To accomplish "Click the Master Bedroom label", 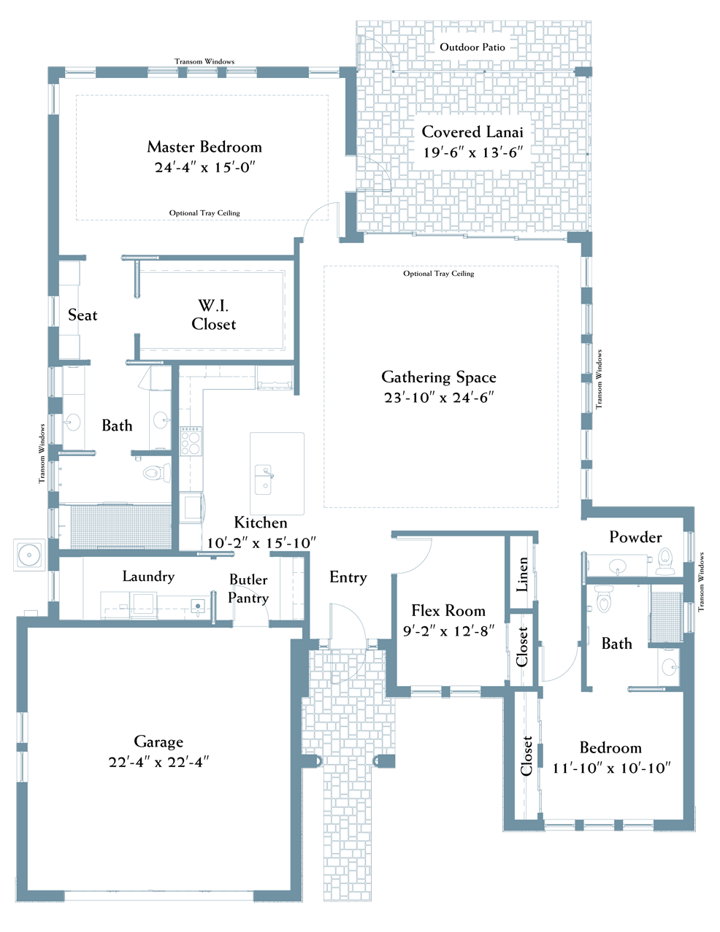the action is pyautogui.click(x=204, y=147).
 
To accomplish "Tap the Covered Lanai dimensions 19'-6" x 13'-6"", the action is pyautogui.click(x=473, y=153).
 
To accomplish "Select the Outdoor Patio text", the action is pyautogui.click(x=472, y=47).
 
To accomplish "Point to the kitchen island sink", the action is pyautogui.click(x=264, y=479).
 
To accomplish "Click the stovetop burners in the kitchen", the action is pyautogui.click(x=191, y=441).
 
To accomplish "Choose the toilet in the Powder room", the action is pyautogui.click(x=665, y=561).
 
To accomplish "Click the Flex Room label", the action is pyautogui.click(x=448, y=610).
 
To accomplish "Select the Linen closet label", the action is pyautogui.click(x=522, y=574).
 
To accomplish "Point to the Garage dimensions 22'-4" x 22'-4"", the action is pyautogui.click(x=158, y=762).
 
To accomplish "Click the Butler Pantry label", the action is pyautogui.click(x=248, y=588).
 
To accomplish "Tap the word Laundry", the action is pyautogui.click(x=148, y=577).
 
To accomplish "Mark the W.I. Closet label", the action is pyautogui.click(x=214, y=315).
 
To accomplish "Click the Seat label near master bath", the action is pyautogui.click(x=83, y=315).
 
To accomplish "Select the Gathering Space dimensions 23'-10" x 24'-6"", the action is pyautogui.click(x=439, y=398).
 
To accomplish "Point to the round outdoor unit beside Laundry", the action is pyautogui.click(x=29, y=555).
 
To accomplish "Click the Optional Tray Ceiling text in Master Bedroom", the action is pyautogui.click(x=204, y=213).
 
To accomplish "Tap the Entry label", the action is pyautogui.click(x=348, y=577).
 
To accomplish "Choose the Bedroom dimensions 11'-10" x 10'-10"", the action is pyautogui.click(x=611, y=768).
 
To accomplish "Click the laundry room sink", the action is pyautogui.click(x=198, y=606).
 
